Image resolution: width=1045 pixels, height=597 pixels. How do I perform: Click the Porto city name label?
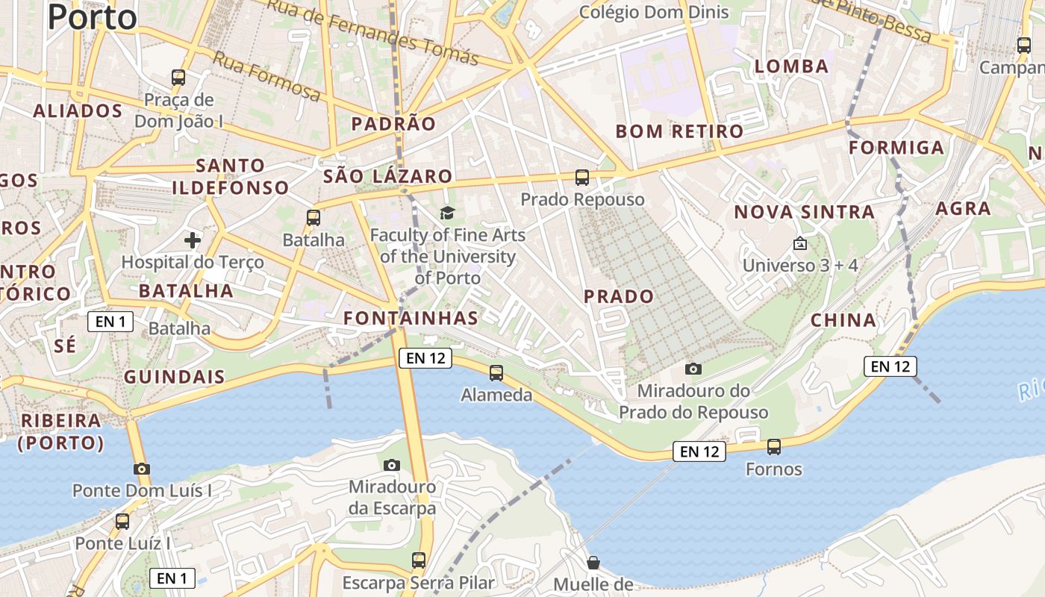pos(93,17)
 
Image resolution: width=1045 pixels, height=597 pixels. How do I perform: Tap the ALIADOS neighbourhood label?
pos(78,111)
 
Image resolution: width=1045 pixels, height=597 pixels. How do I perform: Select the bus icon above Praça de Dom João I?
pos(178,77)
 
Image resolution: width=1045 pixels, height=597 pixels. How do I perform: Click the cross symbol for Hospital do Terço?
pos(193,240)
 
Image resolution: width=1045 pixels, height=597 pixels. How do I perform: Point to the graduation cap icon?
pos(447,213)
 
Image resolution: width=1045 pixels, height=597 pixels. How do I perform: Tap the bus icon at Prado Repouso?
pos(582,178)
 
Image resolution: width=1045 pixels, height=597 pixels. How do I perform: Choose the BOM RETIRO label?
pos(679,132)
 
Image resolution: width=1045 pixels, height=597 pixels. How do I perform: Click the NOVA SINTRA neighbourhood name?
pos(804,212)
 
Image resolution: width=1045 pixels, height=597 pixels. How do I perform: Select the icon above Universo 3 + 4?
pos(800,243)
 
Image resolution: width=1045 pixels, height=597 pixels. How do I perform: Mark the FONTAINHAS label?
pos(411,319)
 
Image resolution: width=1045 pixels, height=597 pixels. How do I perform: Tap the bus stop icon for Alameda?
pos(496,372)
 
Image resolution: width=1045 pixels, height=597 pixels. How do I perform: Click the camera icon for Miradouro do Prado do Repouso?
pos(693,369)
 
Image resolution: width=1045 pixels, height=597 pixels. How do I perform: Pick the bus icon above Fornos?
pos(774,447)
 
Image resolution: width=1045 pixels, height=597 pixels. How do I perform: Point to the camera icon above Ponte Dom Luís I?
pos(142,469)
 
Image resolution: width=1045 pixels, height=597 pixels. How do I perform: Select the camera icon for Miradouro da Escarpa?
pos(392,465)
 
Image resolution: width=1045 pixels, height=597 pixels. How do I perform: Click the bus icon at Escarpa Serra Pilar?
pos(419,560)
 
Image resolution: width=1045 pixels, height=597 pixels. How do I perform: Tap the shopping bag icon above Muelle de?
pos(593,562)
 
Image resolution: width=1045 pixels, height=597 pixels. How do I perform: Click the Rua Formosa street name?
pos(266,76)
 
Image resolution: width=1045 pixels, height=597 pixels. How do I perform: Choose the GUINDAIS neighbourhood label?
pos(174,377)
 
